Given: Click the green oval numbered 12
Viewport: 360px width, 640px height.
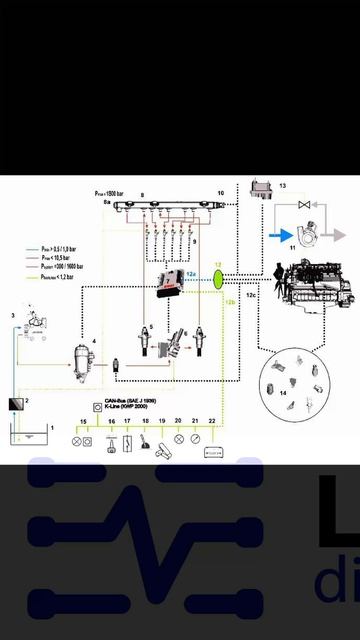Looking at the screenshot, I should click(x=219, y=277).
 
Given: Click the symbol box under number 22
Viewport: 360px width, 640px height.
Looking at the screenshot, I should click(x=213, y=452).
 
